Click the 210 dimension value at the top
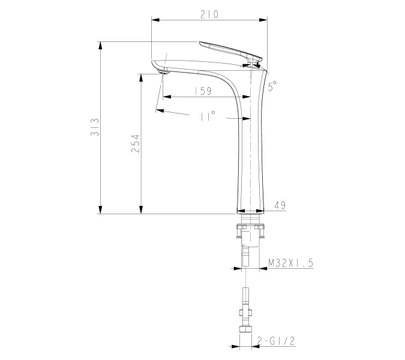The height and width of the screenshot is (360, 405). pyautogui.click(x=209, y=13)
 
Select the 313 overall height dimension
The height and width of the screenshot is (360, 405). pyautogui.click(x=93, y=128)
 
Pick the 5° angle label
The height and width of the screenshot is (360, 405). pyautogui.click(x=272, y=85)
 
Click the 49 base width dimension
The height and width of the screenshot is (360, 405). pyautogui.click(x=279, y=205)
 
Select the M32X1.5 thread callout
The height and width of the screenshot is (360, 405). pyautogui.click(x=290, y=263)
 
